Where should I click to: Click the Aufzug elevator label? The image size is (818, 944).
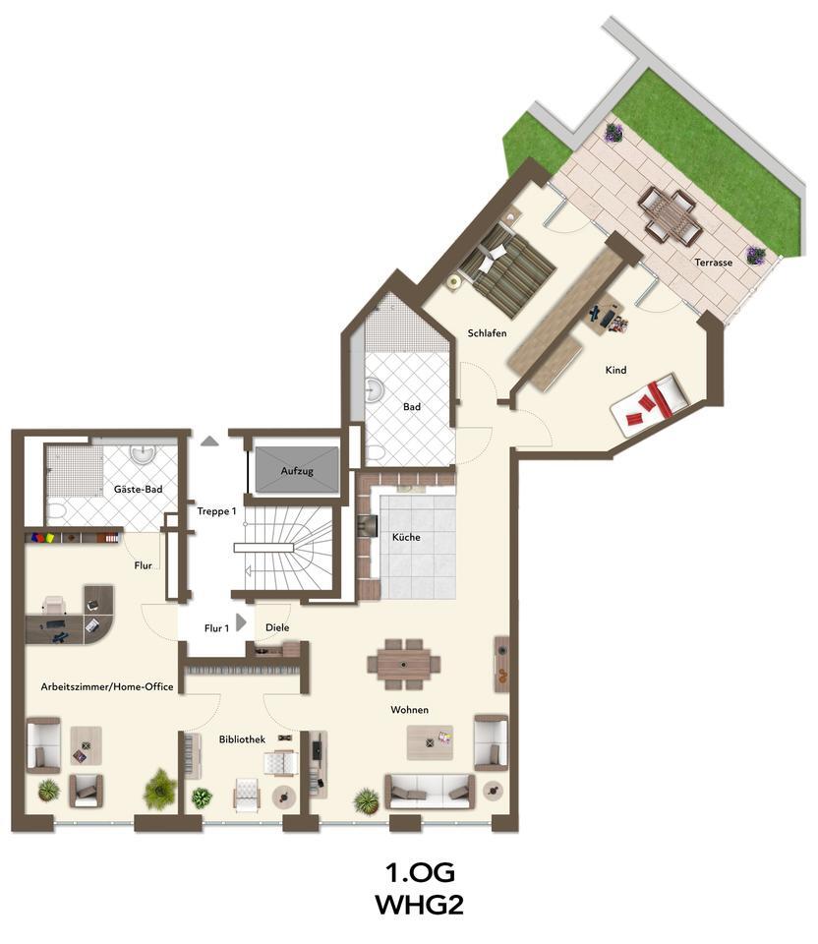pos(297,471)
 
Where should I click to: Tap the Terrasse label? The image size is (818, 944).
pos(713,263)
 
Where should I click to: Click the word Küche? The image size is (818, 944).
pos(406,538)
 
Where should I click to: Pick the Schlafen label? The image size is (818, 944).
pos(488,333)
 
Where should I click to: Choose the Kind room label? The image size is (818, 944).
pos(615,370)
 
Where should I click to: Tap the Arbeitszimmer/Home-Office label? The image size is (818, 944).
pos(107,686)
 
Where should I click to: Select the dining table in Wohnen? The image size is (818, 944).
pos(404,664)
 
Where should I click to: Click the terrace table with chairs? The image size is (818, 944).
pos(670,215)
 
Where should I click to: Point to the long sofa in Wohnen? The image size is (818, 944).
pos(430,790)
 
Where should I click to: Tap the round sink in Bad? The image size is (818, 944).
pos(374,391)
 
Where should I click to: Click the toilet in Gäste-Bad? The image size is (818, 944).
pos(55,511)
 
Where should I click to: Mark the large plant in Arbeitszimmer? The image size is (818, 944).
pos(159,789)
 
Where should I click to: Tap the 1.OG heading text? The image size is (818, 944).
pos(420,871)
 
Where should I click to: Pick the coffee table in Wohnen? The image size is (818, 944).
pos(431,741)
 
